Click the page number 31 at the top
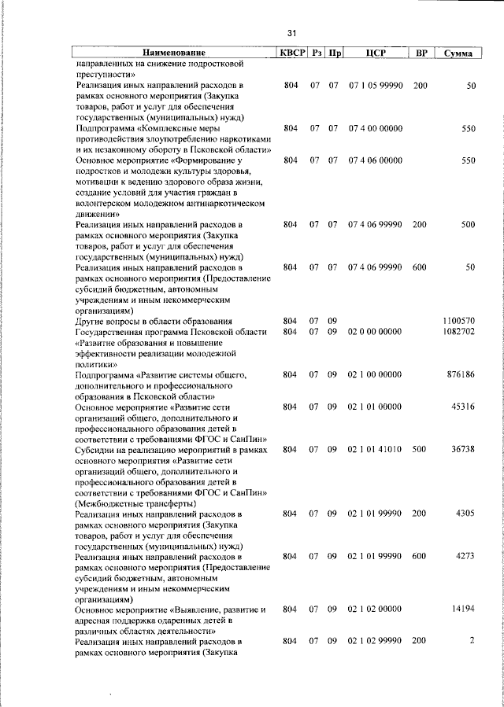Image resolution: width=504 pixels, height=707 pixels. [x=291, y=33]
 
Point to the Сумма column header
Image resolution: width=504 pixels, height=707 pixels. [x=458, y=53]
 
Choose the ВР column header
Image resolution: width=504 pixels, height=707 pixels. [x=421, y=53]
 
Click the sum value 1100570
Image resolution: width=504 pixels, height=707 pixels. [x=458, y=321]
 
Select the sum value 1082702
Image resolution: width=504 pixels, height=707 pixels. [x=458, y=333]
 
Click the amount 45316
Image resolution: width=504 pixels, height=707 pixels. [x=462, y=407]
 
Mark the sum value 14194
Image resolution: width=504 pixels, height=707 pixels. [x=462, y=609]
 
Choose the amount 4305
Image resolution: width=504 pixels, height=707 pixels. [x=465, y=514]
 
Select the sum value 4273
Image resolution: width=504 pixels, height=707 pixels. [x=465, y=556]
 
